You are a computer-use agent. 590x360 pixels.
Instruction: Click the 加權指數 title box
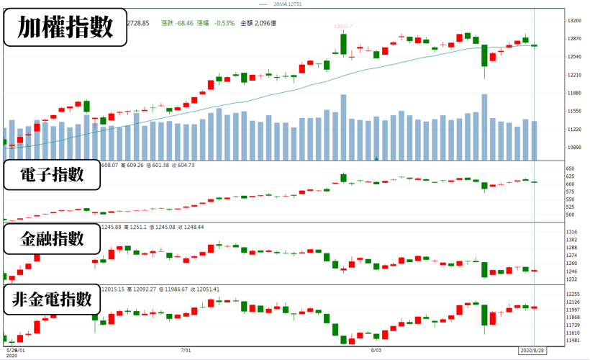pyautogui.click(x=65, y=28)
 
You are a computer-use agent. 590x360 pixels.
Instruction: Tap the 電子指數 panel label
pyautogui.click(x=51, y=176)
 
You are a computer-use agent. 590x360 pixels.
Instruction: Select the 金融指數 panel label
pyautogui.click(x=51, y=240)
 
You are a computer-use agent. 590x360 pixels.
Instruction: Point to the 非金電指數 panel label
pyautogui.click(x=53, y=300)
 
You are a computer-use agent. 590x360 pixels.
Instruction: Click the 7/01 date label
pyautogui.click(x=186, y=351)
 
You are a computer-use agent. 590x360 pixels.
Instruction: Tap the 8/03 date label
pyautogui.click(x=376, y=351)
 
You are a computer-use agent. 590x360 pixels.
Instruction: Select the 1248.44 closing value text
pyautogui.click(x=192, y=227)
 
